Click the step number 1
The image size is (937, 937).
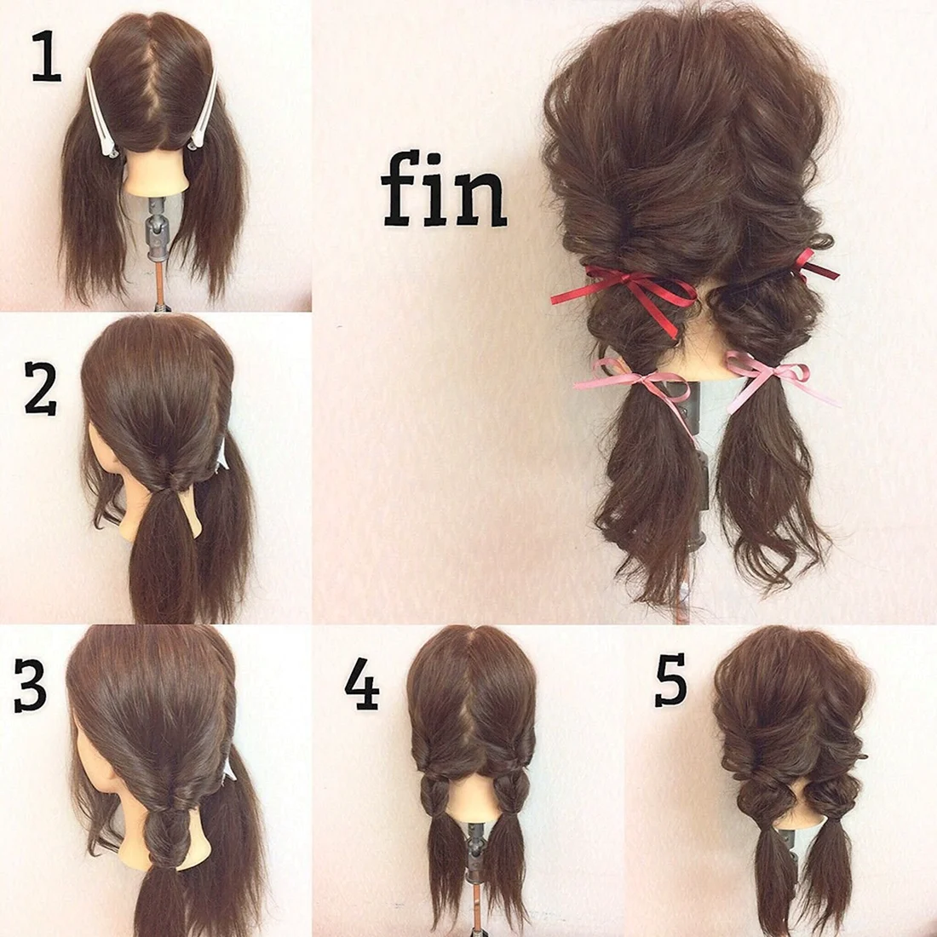coord(47,57)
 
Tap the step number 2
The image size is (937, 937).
coord(41,388)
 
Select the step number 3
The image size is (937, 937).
coord(30,685)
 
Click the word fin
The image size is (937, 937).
coord(444,190)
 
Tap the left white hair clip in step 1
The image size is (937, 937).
coord(101,112)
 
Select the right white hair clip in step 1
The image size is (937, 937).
coord(204,109)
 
